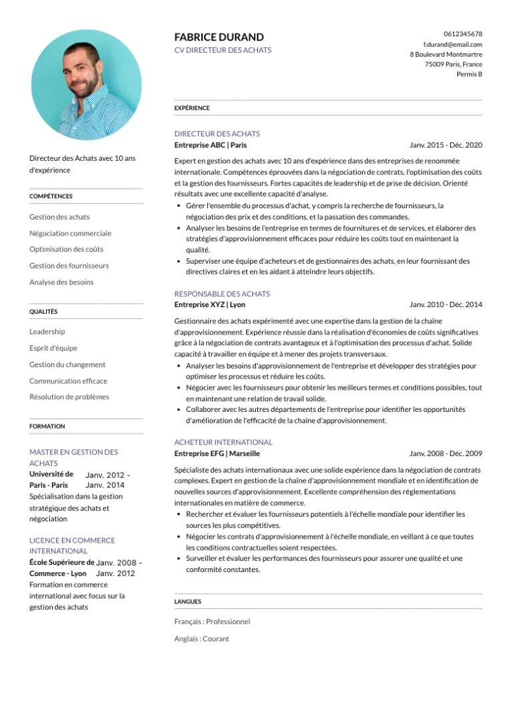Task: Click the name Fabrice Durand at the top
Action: (x=219, y=37)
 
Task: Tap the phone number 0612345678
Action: (x=463, y=34)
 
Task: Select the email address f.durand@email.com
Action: (x=453, y=44)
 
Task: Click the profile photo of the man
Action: (x=86, y=85)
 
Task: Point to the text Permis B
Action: (x=469, y=74)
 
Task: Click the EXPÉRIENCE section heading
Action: (x=192, y=108)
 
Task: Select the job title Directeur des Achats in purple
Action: (x=217, y=134)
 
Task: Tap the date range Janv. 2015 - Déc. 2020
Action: (x=446, y=145)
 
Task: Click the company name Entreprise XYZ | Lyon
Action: (x=209, y=304)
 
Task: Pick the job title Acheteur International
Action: (x=223, y=442)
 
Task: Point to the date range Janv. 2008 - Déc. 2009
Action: (x=446, y=453)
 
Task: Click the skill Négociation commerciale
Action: (x=70, y=234)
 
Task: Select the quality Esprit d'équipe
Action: (x=53, y=348)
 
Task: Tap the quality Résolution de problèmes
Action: (x=69, y=397)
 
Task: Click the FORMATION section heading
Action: (x=47, y=426)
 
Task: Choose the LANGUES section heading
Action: (x=188, y=601)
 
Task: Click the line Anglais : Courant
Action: (x=201, y=639)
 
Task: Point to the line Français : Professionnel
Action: (x=212, y=622)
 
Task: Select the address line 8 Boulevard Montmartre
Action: (x=446, y=54)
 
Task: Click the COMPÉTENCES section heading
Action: (x=51, y=196)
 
